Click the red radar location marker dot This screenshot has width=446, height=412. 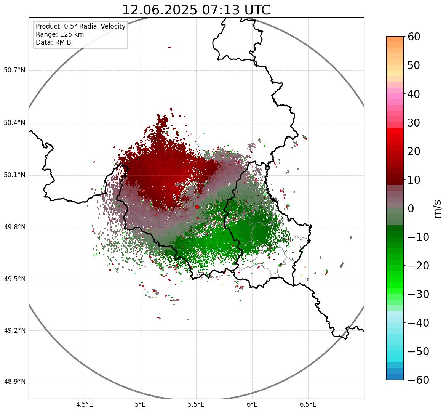pyautogui.click(x=197, y=207)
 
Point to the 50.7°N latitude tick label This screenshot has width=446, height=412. pyautogui.click(x=14, y=70)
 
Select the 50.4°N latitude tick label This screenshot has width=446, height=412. pyautogui.click(x=14, y=123)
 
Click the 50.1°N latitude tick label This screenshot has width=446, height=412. pyautogui.click(x=14, y=175)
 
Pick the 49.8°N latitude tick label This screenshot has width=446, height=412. pyautogui.click(x=14, y=228)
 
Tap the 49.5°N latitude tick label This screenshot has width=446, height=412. pyautogui.click(x=14, y=279)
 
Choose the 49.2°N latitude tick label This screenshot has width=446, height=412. pyautogui.click(x=14, y=330)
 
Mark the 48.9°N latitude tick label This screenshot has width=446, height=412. pyautogui.click(x=14, y=382)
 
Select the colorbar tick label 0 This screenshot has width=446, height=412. pyautogui.click(x=411, y=208)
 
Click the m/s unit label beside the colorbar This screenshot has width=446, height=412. pyautogui.click(x=437, y=208)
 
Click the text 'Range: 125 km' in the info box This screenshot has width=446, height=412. pyautogui.click(x=60, y=34)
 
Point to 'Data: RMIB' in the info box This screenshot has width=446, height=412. pyautogui.click(x=53, y=42)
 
